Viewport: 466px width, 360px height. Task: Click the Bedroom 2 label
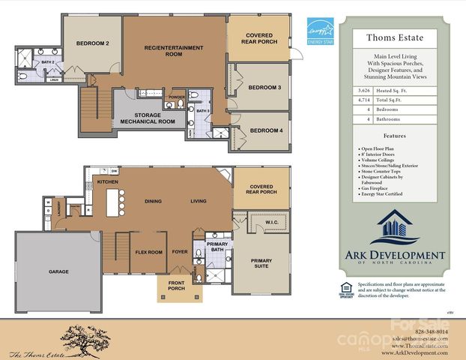[93, 44]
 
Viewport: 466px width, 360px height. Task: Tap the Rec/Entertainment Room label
[174, 51]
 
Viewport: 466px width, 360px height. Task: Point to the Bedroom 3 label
[265, 88]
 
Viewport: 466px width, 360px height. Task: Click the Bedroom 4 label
[265, 131]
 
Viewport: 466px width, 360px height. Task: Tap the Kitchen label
[108, 181]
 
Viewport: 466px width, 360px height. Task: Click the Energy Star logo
[317, 34]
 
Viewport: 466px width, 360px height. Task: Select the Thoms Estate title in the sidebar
[394, 36]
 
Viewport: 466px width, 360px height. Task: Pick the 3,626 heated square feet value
[364, 90]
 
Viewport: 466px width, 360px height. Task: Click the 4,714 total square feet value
[364, 100]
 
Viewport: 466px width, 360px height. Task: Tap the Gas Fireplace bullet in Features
[378, 188]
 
